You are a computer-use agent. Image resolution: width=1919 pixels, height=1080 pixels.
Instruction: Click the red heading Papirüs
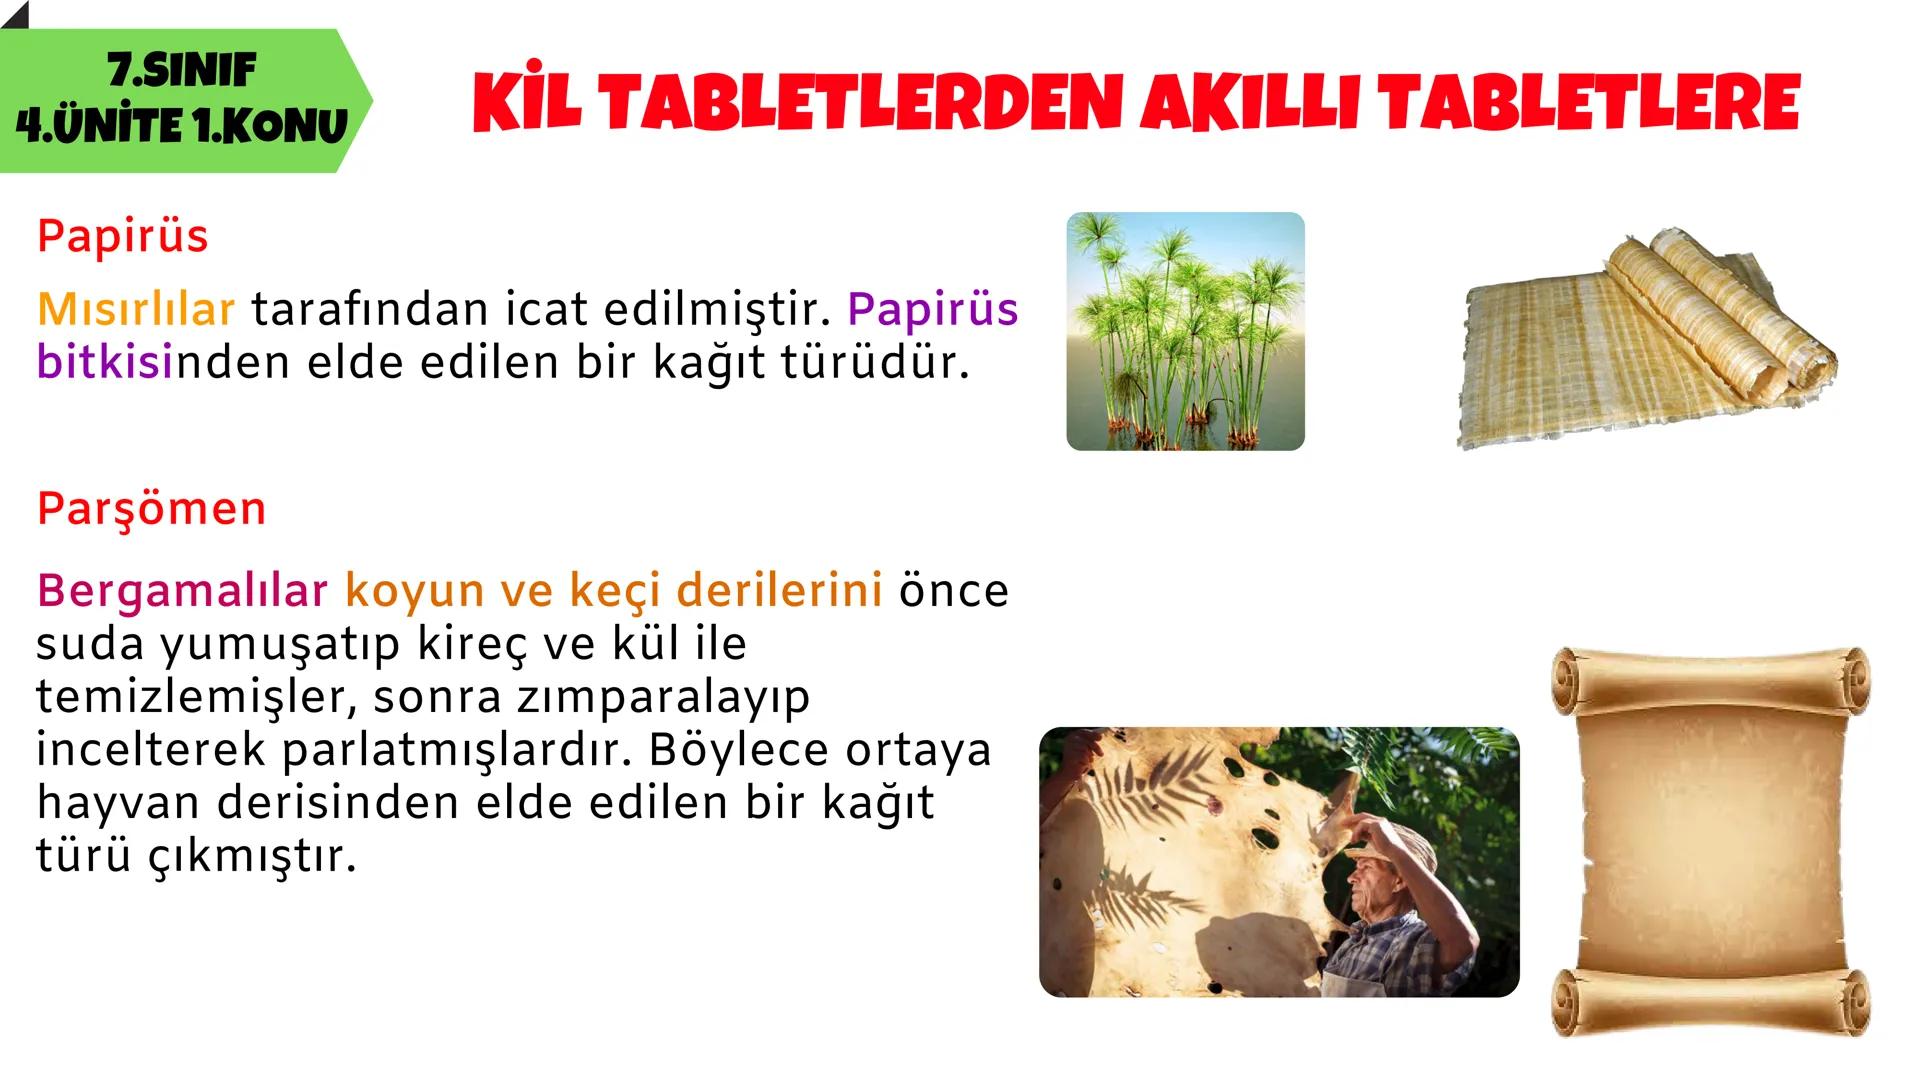click(123, 237)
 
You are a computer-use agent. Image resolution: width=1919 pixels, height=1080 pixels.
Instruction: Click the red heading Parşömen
click(151, 509)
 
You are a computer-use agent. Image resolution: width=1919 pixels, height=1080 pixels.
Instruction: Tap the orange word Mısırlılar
click(136, 310)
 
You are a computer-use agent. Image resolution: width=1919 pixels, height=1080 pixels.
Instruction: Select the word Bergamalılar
click(182, 591)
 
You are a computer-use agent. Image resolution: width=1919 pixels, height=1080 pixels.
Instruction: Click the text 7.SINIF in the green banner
click(181, 71)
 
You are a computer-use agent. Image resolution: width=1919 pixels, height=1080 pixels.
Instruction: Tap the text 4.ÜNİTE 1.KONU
click(181, 127)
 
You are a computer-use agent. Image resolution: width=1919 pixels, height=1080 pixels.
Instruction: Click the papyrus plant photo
click(1185, 331)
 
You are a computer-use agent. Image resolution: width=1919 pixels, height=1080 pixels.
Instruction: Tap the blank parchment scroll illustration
click(1710, 840)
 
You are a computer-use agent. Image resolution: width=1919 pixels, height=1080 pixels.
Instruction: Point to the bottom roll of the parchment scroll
click(1710, 1001)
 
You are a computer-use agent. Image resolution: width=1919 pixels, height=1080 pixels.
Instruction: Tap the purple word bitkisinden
click(163, 363)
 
